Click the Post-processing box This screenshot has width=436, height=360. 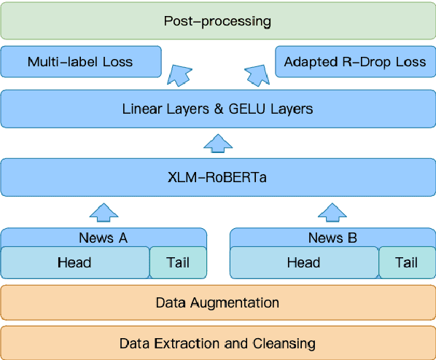(218, 20)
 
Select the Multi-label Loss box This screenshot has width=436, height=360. (80, 62)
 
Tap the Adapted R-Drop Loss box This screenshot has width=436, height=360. (355, 62)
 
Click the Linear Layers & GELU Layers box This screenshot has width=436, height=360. (218, 109)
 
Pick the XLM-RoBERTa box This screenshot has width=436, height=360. (218, 177)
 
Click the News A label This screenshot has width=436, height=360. (104, 238)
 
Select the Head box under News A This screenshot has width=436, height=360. (74, 262)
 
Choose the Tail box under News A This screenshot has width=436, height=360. (178, 262)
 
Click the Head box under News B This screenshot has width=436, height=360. (304, 262)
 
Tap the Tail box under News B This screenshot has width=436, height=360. (406, 262)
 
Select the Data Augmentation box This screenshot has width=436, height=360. (218, 302)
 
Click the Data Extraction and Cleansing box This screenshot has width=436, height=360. (218, 343)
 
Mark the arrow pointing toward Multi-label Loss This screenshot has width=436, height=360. (179, 74)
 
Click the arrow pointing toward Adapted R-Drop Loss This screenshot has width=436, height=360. (257, 74)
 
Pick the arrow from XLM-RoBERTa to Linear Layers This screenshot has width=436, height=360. (217, 143)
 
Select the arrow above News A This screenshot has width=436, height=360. (104, 212)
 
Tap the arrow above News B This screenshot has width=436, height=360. (332, 212)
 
